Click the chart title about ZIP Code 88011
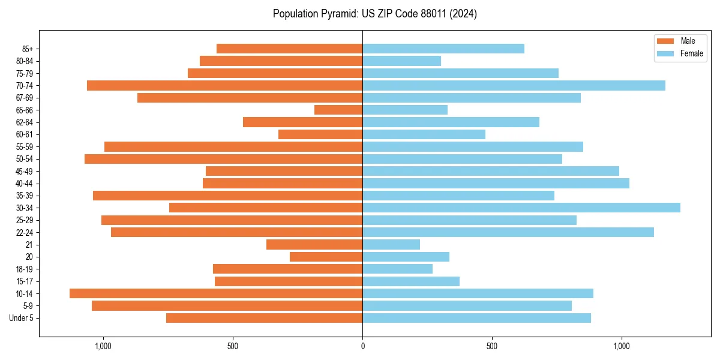coord(374,14)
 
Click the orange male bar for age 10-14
coord(216,293)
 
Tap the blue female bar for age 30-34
coord(521,208)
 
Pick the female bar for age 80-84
coord(401,61)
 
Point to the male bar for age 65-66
coord(338,110)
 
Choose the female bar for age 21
coord(391,244)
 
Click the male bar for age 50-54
coord(223,159)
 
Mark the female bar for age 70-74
coord(514,85)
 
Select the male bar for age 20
coord(326,257)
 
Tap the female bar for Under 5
coord(476,318)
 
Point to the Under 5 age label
coord(22,318)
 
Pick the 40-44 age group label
coord(24,183)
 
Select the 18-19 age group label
coord(24,269)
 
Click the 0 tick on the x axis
coord(362,346)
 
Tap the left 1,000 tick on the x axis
coord(103,346)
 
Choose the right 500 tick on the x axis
coord(492,346)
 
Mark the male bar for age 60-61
coord(320,134)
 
